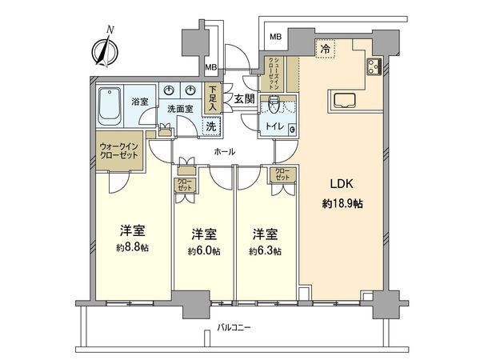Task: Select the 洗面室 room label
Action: [x=182, y=108]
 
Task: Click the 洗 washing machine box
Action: [x=210, y=125]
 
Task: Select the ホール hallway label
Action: [x=224, y=150]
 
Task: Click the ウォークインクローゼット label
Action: [x=119, y=151]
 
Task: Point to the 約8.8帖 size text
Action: [x=131, y=249]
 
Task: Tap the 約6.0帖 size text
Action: [x=203, y=250]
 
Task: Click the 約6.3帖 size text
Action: [x=265, y=250]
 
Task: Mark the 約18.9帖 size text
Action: [x=343, y=205]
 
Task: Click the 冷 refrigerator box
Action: [x=326, y=49]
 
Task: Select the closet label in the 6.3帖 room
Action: [x=282, y=174]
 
